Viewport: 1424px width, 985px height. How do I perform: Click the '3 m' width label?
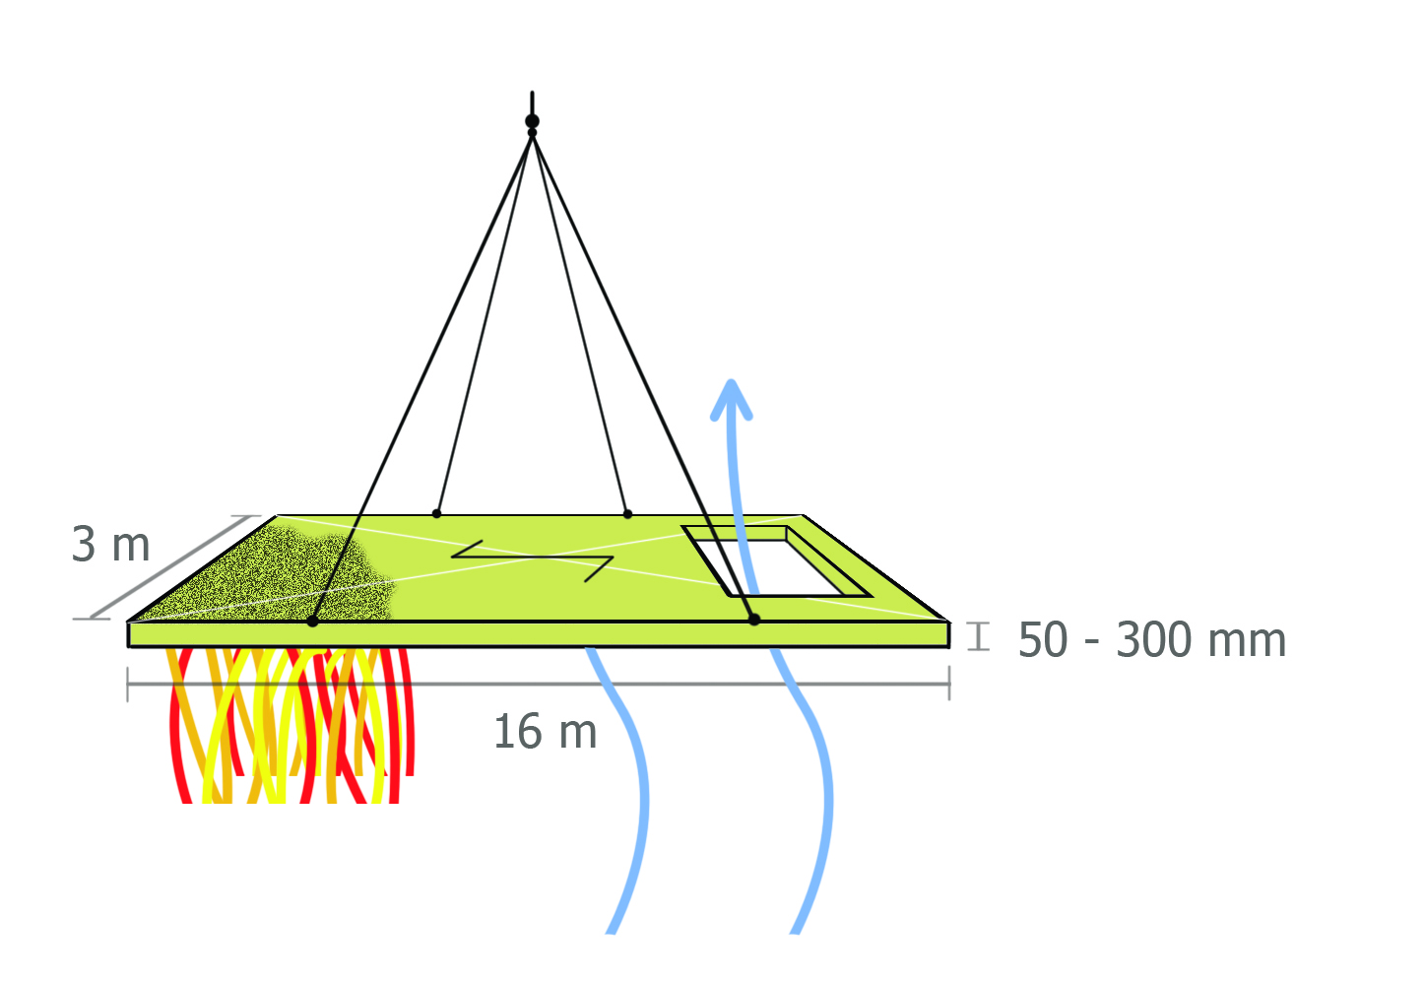[x=110, y=545]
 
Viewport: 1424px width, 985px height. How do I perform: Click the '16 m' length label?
[x=546, y=731]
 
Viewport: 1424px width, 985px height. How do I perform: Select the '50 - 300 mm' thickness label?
[x=1152, y=639]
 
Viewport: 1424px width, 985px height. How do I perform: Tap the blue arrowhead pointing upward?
[x=732, y=400]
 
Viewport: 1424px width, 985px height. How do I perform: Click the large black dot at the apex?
[x=532, y=121]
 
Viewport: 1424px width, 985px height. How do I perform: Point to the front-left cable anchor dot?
[x=312, y=621]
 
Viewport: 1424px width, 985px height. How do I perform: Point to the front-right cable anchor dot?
[x=754, y=619]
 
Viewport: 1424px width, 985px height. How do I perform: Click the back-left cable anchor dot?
[x=436, y=513]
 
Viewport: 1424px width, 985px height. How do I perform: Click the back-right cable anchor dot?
[x=627, y=513]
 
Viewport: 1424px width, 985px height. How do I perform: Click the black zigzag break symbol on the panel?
[x=533, y=559]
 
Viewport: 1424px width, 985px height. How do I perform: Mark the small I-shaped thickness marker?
[x=978, y=636]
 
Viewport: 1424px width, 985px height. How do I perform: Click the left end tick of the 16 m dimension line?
[x=128, y=685]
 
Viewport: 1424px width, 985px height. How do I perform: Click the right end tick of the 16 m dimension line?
[x=949, y=683]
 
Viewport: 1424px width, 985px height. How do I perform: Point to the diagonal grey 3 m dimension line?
[x=170, y=567]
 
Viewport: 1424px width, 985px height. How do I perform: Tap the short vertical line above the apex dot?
[x=532, y=103]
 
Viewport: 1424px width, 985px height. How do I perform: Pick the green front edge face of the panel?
[x=539, y=634]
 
